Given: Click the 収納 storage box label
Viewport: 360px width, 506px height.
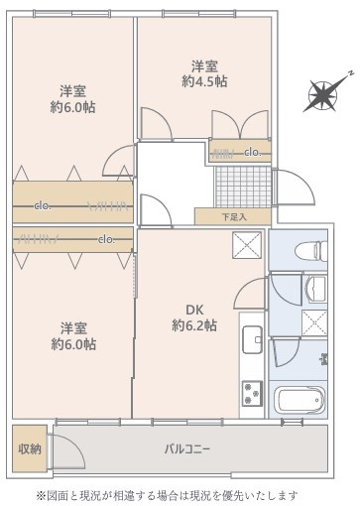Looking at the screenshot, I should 29,448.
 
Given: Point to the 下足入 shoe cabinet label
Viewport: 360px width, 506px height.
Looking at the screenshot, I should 232,215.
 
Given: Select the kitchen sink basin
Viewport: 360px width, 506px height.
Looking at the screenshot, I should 249,338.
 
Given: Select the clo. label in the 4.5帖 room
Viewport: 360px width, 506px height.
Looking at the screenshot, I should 252,152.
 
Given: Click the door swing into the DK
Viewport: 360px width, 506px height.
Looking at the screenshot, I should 251,295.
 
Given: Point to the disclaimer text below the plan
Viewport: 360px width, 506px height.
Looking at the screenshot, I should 180,493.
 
